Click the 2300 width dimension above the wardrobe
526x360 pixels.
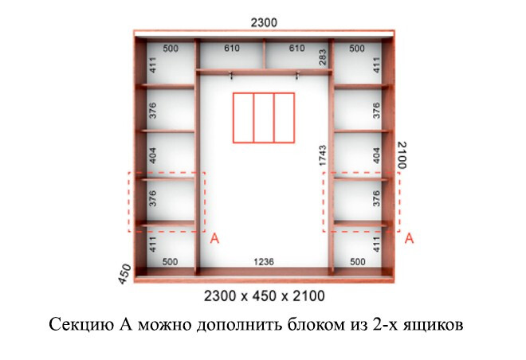point(264,22)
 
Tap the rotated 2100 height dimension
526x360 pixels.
point(402,155)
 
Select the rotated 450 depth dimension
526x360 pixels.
point(125,274)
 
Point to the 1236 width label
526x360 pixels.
point(264,261)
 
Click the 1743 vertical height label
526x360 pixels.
point(323,155)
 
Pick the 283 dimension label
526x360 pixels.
point(323,57)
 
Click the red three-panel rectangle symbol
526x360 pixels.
point(264,118)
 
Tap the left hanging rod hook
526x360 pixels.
point(231,76)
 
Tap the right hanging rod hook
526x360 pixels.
point(297,76)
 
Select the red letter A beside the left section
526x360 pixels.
point(214,239)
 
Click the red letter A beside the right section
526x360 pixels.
point(409,239)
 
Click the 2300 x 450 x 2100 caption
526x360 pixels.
point(264,296)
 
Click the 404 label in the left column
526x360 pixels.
point(152,155)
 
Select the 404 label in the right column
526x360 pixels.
point(376,155)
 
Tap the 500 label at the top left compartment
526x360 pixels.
point(171,49)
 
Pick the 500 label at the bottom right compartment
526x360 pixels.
point(358,261)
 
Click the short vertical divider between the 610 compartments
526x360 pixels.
point(265,53)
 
